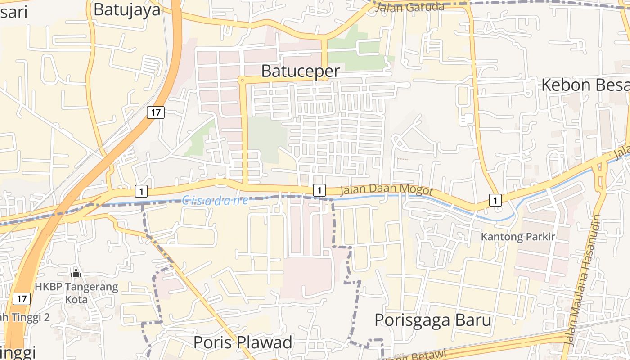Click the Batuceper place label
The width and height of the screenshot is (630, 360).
[300, 71]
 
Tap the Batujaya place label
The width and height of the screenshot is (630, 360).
[127, 9]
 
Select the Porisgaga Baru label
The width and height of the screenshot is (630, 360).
[432, 320]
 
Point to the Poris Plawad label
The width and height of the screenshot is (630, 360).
[243, 342]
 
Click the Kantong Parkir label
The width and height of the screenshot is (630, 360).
[518, 237]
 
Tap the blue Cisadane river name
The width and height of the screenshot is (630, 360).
[215, 200]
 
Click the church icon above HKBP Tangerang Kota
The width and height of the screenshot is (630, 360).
[76, 273]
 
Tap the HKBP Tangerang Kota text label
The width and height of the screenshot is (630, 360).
[76, 292]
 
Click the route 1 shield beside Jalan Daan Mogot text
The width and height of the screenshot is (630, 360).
[319, 190]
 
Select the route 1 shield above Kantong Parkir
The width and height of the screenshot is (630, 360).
[495, 200]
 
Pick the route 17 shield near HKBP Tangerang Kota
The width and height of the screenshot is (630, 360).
[22, 298]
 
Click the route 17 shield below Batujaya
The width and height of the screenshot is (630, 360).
[155, 112]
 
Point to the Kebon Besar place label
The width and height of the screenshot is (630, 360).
[585, 85]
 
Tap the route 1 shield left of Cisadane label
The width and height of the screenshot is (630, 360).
[141, 191]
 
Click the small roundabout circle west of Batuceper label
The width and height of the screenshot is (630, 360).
[242, 80]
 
